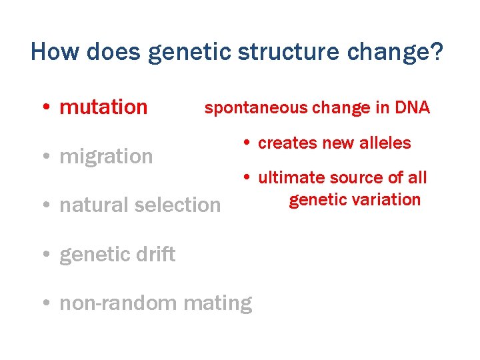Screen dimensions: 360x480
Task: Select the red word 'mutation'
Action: [103, 107]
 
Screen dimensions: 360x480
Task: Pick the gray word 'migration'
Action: [106, 157]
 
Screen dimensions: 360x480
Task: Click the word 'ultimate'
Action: [289, 178]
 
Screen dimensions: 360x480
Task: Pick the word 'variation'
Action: [388, 199]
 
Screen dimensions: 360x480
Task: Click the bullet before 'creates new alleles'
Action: [246, 143]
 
